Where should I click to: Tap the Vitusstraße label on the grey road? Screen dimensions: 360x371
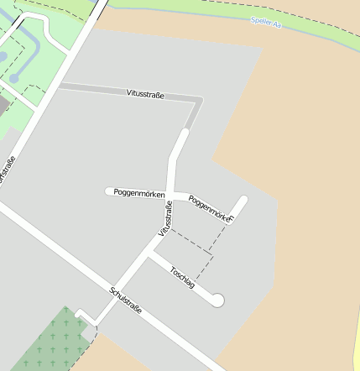click(146, 94)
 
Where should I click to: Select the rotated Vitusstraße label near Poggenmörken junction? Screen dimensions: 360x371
click(165, 218)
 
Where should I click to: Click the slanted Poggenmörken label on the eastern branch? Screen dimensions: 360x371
click(209, 208)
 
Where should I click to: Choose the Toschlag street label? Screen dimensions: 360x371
click(182, 278)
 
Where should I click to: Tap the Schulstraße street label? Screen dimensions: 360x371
click(125, 300)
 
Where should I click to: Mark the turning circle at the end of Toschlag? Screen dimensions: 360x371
click(218, 299)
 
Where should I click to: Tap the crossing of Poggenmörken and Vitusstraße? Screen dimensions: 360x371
click(170, 192)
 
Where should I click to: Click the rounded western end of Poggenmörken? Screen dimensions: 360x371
click(109, 191)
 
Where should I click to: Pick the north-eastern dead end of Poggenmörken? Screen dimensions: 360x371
click(243, 200)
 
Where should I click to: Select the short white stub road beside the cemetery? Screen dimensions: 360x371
click(85, 316)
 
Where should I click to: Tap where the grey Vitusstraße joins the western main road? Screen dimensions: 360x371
click(61, 86)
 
